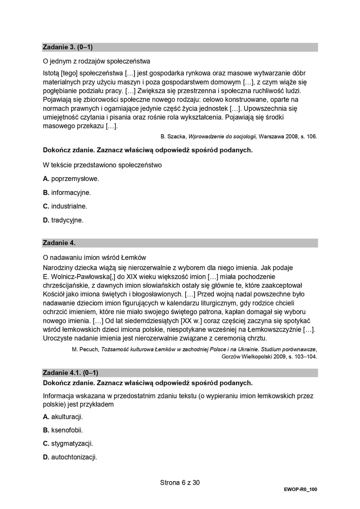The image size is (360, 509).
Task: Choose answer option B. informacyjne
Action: coord(67,193)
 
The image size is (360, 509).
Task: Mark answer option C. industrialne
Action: coord(65,206)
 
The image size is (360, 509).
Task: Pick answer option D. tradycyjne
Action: coord(63,220)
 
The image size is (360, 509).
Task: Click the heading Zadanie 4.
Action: coord(59,243)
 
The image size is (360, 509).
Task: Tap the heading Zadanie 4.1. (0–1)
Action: coord(73,373)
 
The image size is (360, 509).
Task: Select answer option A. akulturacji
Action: coord(63,416)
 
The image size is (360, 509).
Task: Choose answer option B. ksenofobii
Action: coord(63,430)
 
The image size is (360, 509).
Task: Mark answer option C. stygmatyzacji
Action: coord(68,443)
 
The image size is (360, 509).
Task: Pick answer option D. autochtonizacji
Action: coord(70,457)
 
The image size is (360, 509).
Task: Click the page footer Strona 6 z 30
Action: coord(180,482)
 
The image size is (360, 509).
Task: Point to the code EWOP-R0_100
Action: coord(300,489)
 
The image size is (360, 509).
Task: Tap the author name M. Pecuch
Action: coord(86,349)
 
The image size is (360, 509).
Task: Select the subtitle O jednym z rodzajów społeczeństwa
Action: coord(96,61)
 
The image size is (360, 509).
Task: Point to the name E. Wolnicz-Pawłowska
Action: coord(79,277)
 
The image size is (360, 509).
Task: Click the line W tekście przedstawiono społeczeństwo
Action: coord(102,165)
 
